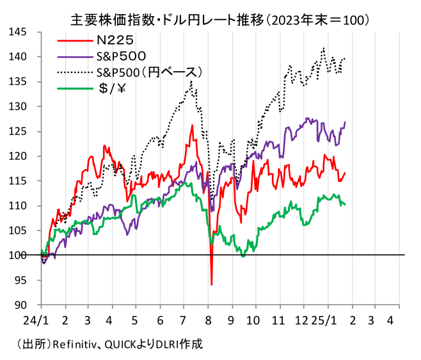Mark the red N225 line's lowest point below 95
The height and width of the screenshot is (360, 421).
coord(211,284)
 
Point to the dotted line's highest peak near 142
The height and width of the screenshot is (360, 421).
coord(324,47)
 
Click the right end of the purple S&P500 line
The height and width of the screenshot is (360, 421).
coord(346,122)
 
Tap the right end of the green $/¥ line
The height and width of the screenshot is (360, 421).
coord(346,204)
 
